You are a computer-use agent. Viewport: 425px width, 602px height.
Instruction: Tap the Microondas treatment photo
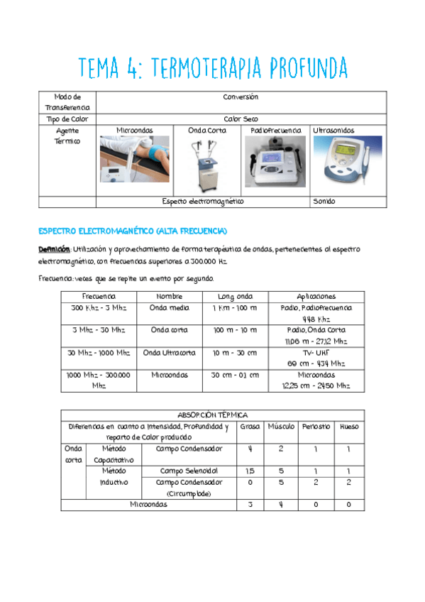[133, 160]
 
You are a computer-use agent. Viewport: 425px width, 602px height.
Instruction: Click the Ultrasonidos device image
[348, 161]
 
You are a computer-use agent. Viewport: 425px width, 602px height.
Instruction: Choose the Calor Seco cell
[241, 119]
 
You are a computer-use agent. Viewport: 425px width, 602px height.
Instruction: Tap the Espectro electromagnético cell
[202, 202]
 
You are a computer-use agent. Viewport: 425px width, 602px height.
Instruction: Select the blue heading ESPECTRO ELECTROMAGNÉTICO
[132, 231]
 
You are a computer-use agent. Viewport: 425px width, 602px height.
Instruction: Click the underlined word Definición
[54, 249]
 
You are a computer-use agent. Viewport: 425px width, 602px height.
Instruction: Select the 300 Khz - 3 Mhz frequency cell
[99, 308]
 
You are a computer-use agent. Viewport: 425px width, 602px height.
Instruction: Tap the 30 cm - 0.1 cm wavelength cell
[235, 375]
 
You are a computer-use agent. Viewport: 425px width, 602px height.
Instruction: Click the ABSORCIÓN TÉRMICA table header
[212, 415]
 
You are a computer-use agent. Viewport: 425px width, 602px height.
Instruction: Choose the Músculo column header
[281, 427]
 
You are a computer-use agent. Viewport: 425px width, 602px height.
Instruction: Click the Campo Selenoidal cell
[189, 471]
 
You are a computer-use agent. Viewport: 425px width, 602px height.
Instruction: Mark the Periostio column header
[316, 427]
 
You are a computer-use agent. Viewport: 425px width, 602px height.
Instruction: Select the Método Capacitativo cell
[114, 454]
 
